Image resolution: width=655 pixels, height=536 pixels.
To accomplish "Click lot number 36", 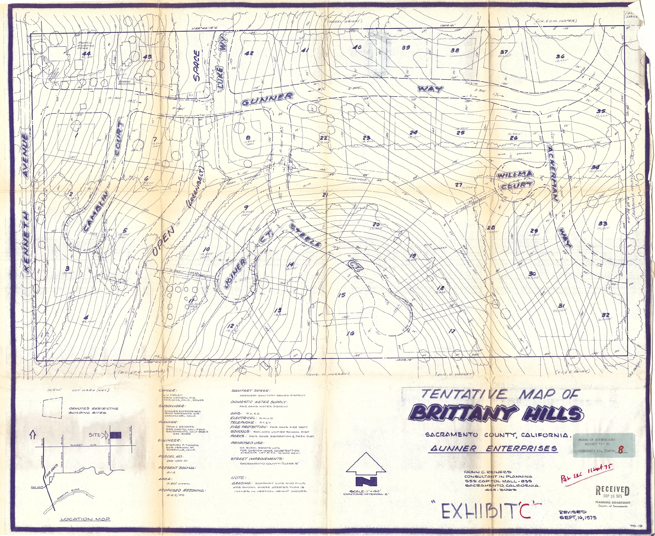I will (x=560, y=56).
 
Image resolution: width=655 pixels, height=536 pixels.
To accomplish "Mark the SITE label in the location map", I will (x=95, y=435).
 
